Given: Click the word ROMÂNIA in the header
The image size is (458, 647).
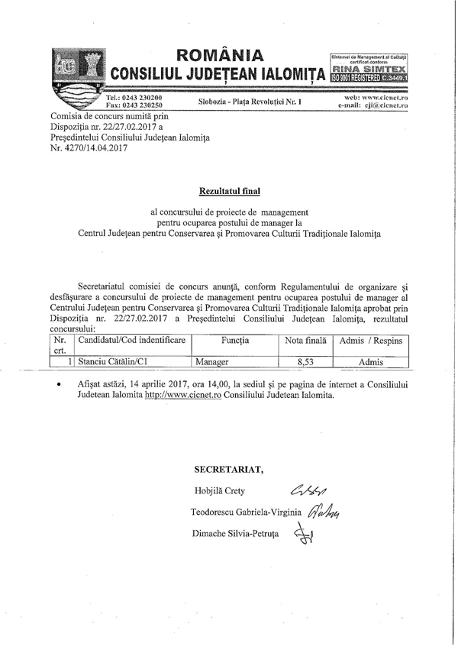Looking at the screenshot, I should click(x=219, y=56).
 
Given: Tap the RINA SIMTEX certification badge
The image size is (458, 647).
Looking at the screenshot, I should click(x=369, y=68).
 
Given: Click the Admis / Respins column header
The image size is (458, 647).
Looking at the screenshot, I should click(x=369, y=339).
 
